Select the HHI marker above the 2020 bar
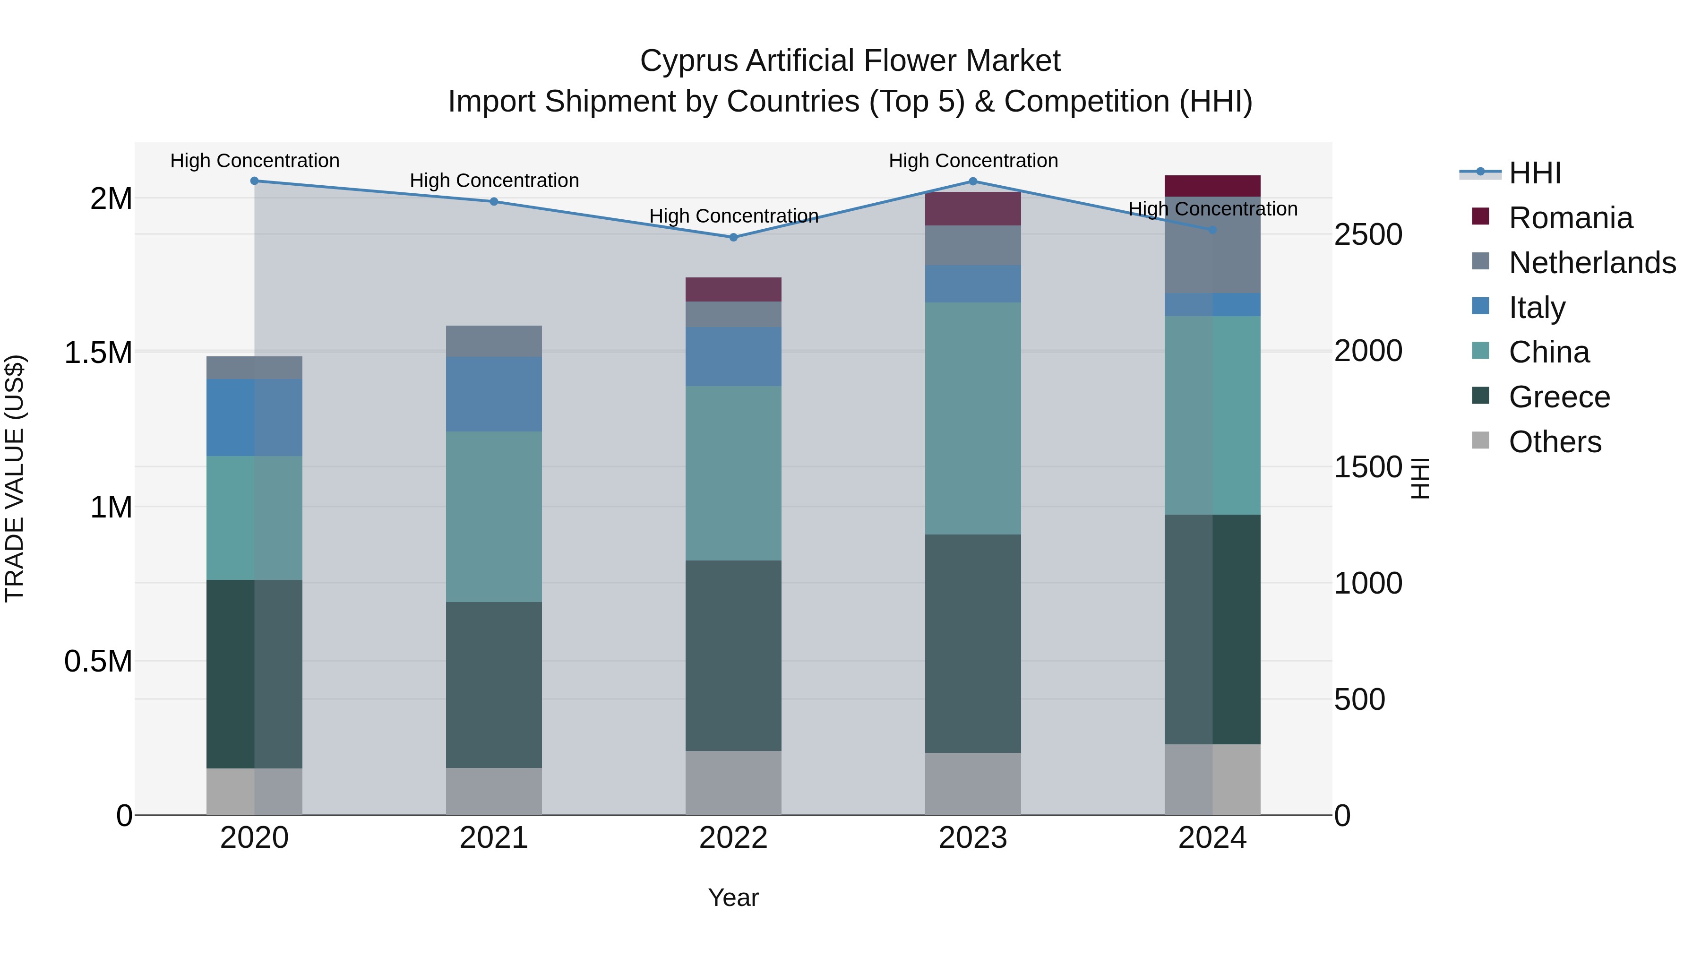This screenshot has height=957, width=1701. tap(254, 181)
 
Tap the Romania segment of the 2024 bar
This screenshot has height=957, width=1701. tap(1212, 186)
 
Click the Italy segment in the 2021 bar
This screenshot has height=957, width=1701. tap(494, 394)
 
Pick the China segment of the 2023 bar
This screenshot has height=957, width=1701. tap(973, 418)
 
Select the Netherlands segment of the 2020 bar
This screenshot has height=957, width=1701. tap(254, 367)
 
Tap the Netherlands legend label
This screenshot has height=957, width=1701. tap(1591, 263)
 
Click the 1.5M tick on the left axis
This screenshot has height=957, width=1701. tap(98, 353)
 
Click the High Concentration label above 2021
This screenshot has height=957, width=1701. tap(494, 181)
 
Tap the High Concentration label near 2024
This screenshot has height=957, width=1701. tap(1212, 209)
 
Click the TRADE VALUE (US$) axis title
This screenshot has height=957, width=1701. tap(15, 478)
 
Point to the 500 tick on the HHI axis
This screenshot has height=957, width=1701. tap(1359, 699)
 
